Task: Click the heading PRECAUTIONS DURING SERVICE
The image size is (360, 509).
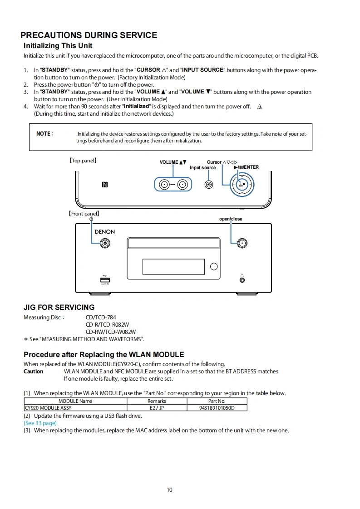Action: click(89, 35)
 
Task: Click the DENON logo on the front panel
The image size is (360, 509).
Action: click(105, 232)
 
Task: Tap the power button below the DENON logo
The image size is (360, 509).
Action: click(105, 243)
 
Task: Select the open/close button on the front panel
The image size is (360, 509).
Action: click(242, 243)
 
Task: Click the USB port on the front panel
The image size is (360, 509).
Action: click(105, 280)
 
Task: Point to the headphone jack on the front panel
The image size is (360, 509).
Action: click(242, 279)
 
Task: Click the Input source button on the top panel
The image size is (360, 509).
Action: click(209, 185)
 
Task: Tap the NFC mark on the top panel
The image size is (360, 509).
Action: click(105, 185)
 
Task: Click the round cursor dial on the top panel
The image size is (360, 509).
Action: click(242, 185)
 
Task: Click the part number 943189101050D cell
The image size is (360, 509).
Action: click(217, 408)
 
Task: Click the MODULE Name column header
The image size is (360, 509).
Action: click(75, 401)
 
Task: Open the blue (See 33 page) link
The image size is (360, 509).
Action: click(40, 423)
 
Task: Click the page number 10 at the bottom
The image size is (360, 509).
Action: click(170, 489)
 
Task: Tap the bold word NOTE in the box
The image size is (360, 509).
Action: click(44, 134)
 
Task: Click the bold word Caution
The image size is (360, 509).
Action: click(34, 372)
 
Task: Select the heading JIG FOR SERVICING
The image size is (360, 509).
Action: click(59, 307)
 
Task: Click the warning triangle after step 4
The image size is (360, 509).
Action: click(260, 107)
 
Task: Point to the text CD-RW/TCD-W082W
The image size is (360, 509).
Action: click(111, 332)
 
